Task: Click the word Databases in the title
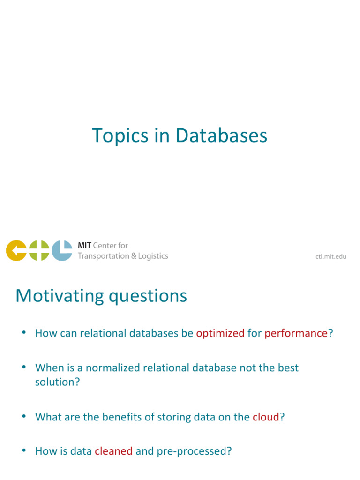click(221, 135)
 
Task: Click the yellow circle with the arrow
click(16, 250)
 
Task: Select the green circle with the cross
click(39, 250)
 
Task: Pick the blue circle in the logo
click(62, 250)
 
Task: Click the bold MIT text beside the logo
click(84, 245)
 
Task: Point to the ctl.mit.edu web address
click(331, 256)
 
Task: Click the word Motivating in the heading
click(60, 296)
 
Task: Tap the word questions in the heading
click(148, 297)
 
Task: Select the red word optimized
click(220, 333)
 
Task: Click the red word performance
click(296, 333)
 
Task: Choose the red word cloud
click(266, 417)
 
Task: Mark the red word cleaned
click(113, 451)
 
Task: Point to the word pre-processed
click(192, 452)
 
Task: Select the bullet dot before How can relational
click(24, 332)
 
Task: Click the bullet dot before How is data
click(24, 450)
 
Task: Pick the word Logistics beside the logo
click(153, 256)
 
